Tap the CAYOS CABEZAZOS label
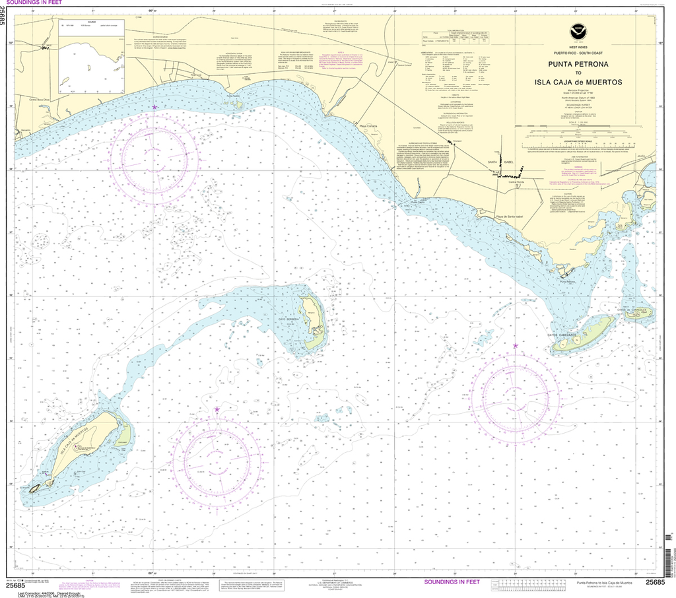coord(562,335)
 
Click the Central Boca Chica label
coord(39,100)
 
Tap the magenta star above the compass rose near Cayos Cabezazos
coord(516,345)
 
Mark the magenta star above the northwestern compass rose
coord(155,107)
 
